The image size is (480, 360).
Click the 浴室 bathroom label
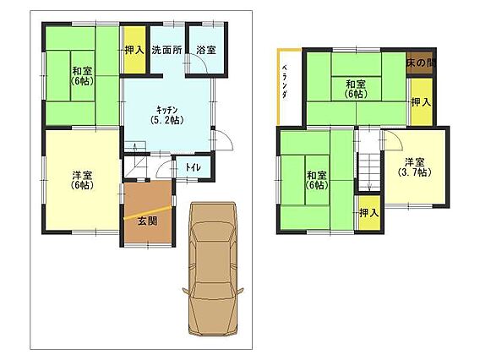206,50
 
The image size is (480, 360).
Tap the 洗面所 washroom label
166,50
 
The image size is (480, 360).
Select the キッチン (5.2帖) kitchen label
167,115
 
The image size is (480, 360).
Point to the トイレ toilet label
194,167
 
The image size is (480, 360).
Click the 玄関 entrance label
148,221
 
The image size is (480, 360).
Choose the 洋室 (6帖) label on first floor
82,180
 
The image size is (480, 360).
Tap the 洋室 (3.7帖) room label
414,166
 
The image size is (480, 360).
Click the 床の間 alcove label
421,63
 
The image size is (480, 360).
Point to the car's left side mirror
186,291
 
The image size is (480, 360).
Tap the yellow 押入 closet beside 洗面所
134,50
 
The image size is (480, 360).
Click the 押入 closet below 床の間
421,101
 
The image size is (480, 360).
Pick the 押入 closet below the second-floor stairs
369,212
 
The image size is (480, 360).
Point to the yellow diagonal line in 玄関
147,213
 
